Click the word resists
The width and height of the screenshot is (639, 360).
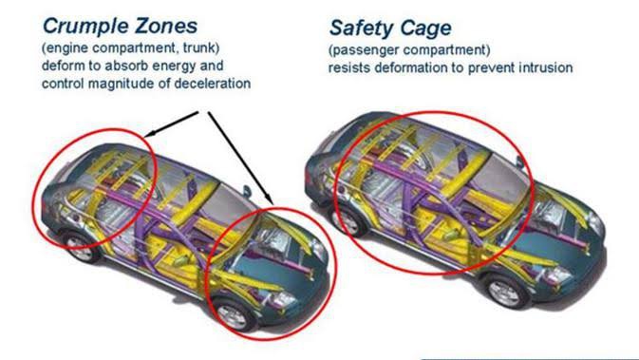350,68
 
